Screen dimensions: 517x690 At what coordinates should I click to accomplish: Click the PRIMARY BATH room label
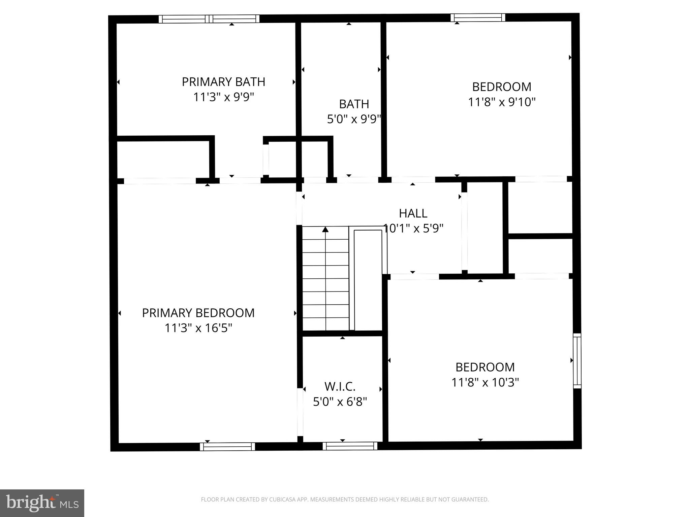pos(223,82)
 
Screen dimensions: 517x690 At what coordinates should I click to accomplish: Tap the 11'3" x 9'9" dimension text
pos(223,97)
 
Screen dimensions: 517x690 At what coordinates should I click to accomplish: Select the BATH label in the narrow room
pos(354,104)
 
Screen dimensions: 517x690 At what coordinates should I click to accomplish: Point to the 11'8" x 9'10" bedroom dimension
pos(502,102)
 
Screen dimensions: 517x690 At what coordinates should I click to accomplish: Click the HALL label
pos(413,213)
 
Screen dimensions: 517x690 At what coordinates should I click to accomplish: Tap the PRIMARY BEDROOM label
pos(198,313)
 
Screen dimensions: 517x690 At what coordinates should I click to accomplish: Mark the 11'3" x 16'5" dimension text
pos(198,328)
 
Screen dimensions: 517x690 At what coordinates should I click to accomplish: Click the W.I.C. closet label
pos(340,387)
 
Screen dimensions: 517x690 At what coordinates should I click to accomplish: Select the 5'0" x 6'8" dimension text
pos(340,402)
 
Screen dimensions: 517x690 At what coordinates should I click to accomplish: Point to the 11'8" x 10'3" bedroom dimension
pos(485,382)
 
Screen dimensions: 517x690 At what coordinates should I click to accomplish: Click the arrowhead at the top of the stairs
pos(325,230)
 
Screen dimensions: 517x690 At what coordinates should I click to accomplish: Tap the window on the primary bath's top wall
pos(209,19)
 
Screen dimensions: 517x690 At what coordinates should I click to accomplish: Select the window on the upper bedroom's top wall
pos(478,18)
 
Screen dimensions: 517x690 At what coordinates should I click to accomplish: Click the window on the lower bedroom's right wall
pos(577,361)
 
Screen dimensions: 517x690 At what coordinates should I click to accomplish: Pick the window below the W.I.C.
pos(350,446)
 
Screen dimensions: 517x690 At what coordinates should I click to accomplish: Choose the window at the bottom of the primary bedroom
pos(227,447)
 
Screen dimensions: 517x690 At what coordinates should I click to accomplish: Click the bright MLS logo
pos(42,503)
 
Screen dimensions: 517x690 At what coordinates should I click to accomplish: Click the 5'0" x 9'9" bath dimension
pos(354,119)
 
